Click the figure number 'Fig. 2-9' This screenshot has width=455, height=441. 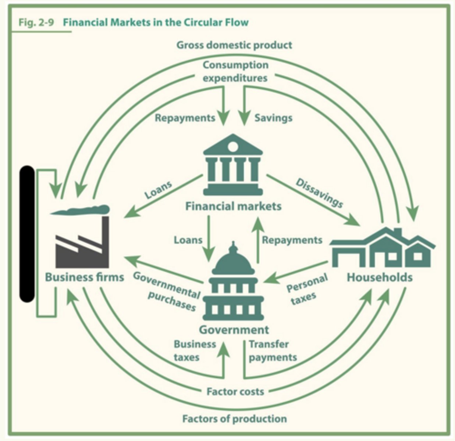click(x=36, y=23)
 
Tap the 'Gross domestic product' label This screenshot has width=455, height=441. click(x=234, y=45)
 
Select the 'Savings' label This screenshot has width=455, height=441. click(x=273, y=118)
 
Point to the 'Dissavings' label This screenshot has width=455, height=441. click(x=319, y=193)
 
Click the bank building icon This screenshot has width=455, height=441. click(x=233, y=164)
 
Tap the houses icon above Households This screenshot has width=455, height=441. click(x=382, y=248)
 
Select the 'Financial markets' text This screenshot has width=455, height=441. click(x=233, y=207)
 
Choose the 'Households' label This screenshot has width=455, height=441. click(x=380, y=277)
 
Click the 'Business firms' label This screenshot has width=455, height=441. click(x=84, y=277)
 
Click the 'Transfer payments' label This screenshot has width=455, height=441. click(x=273, y=351)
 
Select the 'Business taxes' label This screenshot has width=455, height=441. click(x=195, y=351)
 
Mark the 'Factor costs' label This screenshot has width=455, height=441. click(x=235, y=391)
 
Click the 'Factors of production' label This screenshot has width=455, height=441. click(x=235, y=419)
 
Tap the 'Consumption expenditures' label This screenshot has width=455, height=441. click(x=235, y=71)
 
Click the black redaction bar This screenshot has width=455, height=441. click(x=27, y=234)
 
